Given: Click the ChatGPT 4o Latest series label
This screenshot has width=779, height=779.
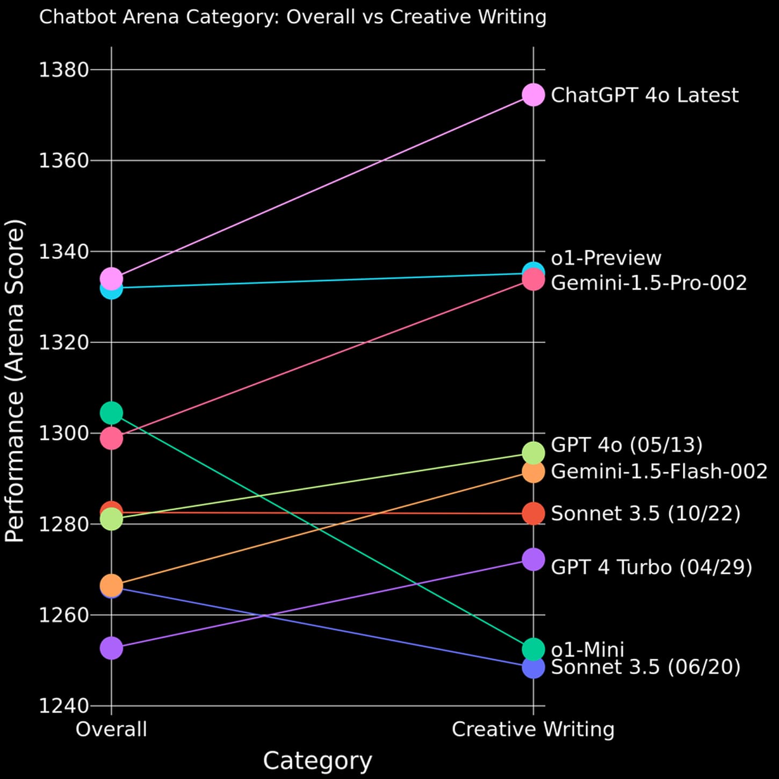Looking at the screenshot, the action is click(x=644, y=96).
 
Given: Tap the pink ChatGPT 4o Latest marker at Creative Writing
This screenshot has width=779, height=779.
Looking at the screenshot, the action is click(x=533, y=95).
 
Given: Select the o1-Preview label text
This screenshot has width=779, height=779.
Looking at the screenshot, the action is click(x=606, y=258).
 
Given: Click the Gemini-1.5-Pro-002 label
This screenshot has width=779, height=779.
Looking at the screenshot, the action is click(x=649, y=283).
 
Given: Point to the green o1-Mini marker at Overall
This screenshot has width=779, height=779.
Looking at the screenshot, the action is click(x=112, y=413).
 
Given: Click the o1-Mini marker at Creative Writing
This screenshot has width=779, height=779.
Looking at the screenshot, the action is click(x=533, y=650).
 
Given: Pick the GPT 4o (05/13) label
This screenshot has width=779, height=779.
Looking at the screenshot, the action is click(x=626, y=445).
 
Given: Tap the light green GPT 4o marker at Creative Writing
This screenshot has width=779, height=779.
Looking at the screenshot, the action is click(x=533, y=453).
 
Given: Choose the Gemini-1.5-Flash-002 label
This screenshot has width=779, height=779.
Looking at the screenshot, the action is click(x=659, y=471).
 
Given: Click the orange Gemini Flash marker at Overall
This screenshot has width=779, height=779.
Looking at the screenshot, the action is click(x=112, y=585).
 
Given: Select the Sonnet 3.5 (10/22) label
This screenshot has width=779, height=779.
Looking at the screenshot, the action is click(x=646, y=514).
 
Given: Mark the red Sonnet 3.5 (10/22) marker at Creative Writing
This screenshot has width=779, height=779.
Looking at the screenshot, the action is click(x=533, y=514).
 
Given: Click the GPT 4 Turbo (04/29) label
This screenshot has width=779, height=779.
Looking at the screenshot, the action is click(x=651, y=567).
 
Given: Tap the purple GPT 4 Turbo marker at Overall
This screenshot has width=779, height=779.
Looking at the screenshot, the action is click(x=112, y=648).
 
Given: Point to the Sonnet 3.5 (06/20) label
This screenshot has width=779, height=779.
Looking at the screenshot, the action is click(x=646, y=667).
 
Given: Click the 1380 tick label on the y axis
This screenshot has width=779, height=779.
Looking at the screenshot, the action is click(x=58, y=70).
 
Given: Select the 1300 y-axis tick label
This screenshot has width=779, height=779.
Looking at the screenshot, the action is click(x=58, y=434).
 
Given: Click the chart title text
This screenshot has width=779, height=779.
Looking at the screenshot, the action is click(x=293, y=17).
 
